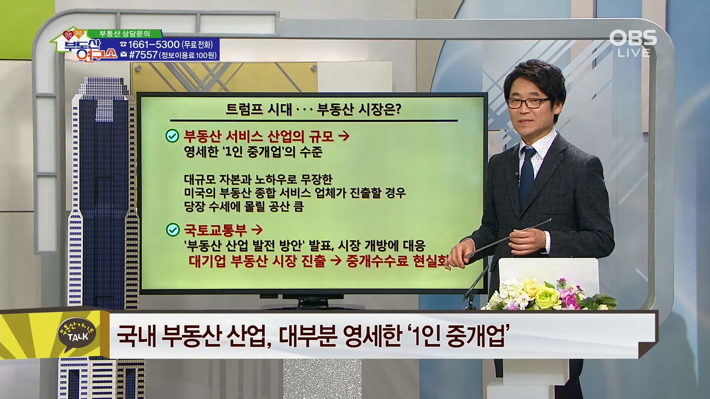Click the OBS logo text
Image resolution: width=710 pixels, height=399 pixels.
point(633,38)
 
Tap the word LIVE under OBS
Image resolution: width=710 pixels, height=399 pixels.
point(634,53)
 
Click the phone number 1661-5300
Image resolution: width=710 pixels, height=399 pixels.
point(154,45)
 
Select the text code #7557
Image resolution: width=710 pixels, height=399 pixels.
point(143,55)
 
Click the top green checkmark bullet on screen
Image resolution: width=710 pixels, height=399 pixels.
point(172,136)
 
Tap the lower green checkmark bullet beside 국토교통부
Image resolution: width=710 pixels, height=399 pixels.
point(173,230)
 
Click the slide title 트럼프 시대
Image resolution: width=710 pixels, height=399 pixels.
point(259,109)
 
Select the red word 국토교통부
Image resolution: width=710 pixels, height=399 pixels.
point(215,230)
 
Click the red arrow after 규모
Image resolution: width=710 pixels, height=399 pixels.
point(344,136)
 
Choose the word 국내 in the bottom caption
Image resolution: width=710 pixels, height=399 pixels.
point(136,336)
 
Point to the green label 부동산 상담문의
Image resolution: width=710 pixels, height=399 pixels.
point(125,34)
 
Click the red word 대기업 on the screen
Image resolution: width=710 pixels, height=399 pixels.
point(207,261)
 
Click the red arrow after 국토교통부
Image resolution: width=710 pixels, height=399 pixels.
point(257,230)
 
